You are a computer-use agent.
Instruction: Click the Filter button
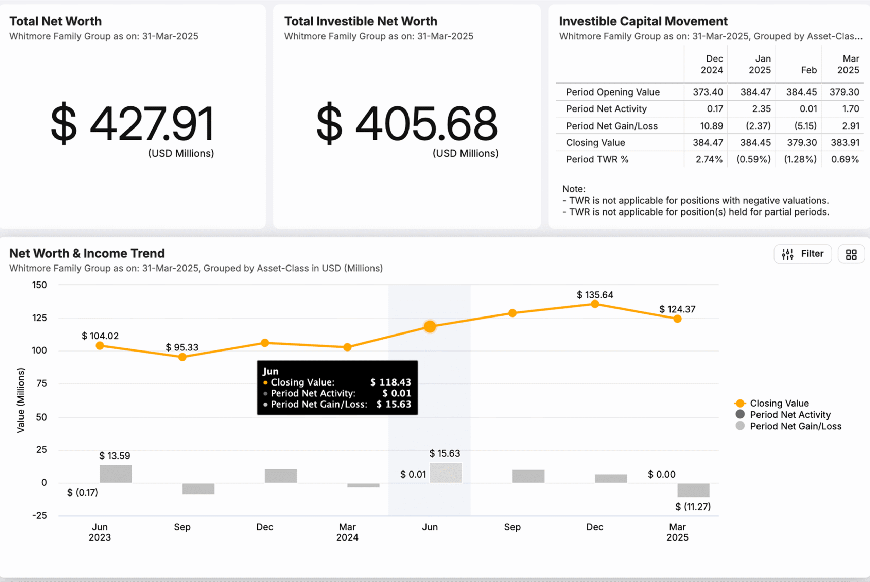pos(802,254)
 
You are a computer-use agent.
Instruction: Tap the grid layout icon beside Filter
pos(851,254)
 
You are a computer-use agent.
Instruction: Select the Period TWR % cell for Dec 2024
pos(709,159)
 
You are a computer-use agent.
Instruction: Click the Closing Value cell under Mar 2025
pos(845,142)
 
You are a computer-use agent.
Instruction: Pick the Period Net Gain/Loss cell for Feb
pos(805,126)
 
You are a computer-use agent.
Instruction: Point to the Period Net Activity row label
pos(606,109)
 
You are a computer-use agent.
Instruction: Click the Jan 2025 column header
pos(759,64)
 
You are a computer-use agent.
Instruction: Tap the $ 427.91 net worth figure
pos(133,124)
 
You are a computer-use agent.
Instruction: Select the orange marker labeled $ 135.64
pos(595,304)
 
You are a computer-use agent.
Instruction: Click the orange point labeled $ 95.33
pos(182,357)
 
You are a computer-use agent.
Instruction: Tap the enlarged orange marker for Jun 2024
pos(430,326)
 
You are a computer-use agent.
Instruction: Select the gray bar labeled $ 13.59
pos(116,474)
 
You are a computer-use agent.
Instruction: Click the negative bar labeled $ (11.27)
pos(693,490)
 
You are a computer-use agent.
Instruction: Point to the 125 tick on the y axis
pos(39,318)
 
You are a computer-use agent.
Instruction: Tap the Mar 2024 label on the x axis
pos(347,532)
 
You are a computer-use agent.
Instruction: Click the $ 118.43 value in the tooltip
pos(391,382)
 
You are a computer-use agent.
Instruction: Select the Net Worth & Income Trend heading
pos(87,253)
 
